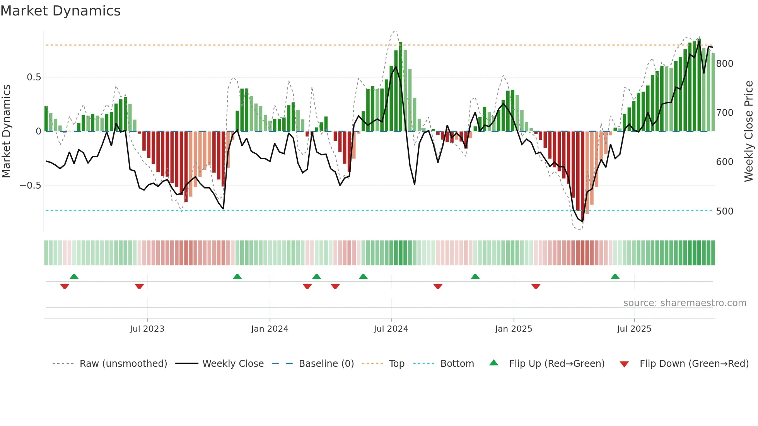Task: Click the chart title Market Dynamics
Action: point(61,11)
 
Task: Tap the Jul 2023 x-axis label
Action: point(147,329)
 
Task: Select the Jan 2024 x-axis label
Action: point(270,329)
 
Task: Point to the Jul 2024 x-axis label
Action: point(391,329)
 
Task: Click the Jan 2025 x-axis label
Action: point(514,329)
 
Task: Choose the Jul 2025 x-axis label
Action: point(634,329)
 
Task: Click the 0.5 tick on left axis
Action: point(34,77)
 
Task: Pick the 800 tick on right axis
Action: point(725,64)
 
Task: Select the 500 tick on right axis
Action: point(725,211)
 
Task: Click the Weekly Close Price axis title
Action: point(749,131)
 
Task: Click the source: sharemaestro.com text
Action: point(685,303)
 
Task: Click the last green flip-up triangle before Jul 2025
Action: point(615,276)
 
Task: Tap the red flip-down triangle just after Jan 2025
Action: point(536,286)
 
